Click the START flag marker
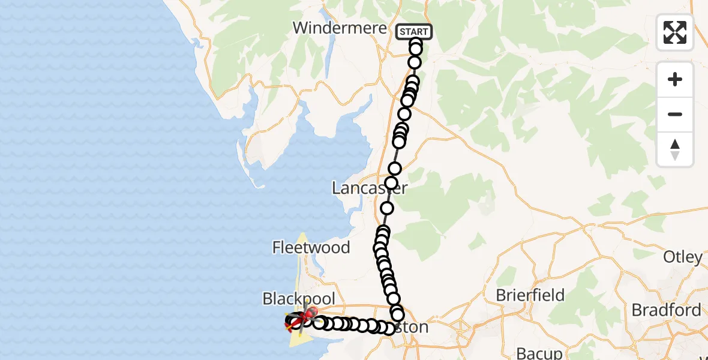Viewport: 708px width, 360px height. click(x=414, y=32)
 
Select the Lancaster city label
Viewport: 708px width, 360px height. click(x=370, y=188)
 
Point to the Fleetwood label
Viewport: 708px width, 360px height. click(x=311, y=247)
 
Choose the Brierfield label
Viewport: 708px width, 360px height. click(x=530, y=295)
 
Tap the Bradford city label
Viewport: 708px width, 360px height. click(x=666, y=310)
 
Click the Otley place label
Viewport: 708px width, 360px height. click(x=683, y=257)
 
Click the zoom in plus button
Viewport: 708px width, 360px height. click(x=675, y=79)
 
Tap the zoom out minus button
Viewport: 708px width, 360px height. click(x=675, y=114)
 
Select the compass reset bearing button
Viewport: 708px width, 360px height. click(x=675, y=149)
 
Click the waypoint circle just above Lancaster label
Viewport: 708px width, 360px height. click(x=391, y=183)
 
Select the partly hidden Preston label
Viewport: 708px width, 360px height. click(x=414, y=328)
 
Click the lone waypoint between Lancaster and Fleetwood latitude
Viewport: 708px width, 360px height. click(x=387, y=208)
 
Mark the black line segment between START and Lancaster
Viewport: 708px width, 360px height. click(x=397, y=155)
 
